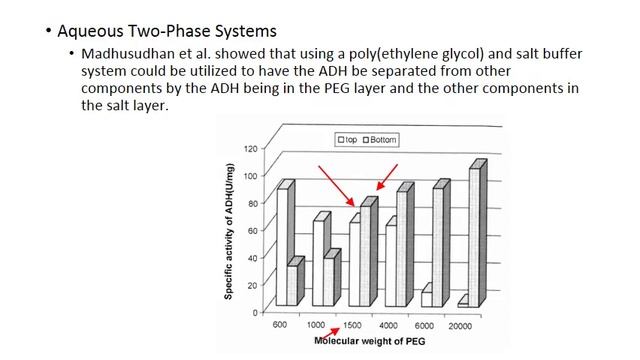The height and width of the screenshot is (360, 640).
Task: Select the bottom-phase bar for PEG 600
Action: (x=293, y=284)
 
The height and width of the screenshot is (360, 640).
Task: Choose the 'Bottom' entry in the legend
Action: (x=380, y=139)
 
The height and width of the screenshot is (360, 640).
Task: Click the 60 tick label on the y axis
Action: (x=254, y=230)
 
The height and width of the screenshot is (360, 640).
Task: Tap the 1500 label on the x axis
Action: (x=352, y=326)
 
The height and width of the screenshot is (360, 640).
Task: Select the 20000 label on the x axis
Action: (x=461, y=326)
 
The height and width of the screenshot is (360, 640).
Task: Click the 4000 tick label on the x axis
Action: (x=388, y=326)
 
